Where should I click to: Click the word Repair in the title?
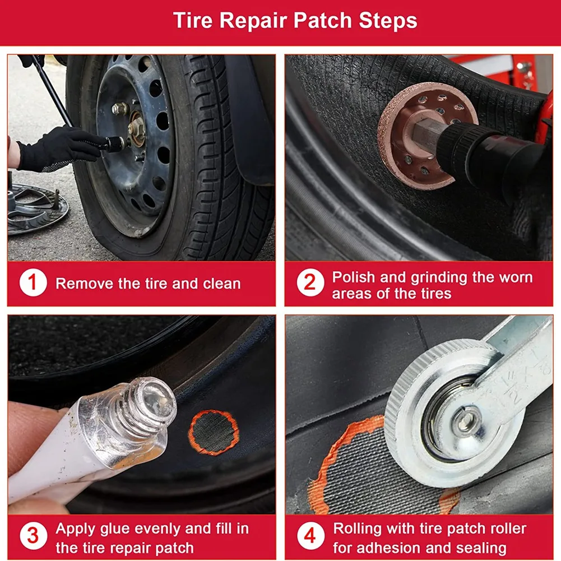click(x=253, y=21)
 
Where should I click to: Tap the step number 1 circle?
click(x=33, y=283)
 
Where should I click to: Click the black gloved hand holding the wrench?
click(x=53, y=147)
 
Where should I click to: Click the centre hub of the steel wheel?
click(x=135, y=128)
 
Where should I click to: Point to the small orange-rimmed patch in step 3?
click(x=214, y=432)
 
